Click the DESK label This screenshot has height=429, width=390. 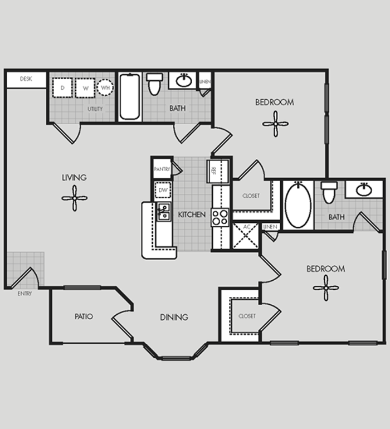[x=26, y=79]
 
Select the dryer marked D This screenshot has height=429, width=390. [x=62, y=87]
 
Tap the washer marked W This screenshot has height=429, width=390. [x=85, y=88]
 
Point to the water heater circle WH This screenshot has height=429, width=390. [x=105, y=87]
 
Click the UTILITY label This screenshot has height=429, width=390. [x=95, y=109]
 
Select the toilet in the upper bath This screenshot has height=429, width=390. [x=155, y=84]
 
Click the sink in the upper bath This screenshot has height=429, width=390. [x=184, y=80]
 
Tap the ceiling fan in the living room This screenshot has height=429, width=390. [x=75, y=198]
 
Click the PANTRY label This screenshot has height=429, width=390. [x=162, y=169]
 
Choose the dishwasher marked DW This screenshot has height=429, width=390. [x=163, y=190]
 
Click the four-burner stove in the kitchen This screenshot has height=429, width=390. [x=220, y=217]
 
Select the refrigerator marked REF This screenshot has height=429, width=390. [x=218, y=171]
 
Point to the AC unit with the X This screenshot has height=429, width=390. [x=246, y=236]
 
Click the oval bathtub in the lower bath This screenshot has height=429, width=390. [x=298, y=205]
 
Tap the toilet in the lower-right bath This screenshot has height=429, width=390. [x=329, y=193]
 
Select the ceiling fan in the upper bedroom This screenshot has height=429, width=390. [x=275, y=124]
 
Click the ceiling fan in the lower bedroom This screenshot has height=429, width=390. [x=326, y=288]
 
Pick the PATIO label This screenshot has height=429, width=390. [x=84, y=316]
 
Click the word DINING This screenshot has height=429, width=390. [x=174, y=318]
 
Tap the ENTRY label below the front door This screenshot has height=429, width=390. [x=25, y=294]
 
